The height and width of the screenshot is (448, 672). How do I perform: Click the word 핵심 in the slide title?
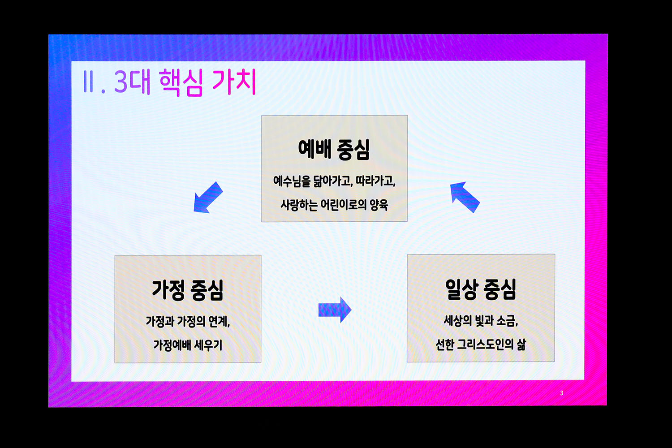pyautogui.click(x=181, y=82)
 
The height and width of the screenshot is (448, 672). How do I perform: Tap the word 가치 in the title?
pyautogui.click(x=234, y=82)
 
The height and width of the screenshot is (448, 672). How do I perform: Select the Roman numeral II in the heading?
pyautogui.click(x=89, y=82)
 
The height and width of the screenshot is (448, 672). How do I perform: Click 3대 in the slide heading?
pyautogui.click(x=132, y=82)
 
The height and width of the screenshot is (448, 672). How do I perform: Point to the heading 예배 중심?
pyautogui.click(x=334, y=149)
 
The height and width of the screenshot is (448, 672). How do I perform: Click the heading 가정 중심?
pyautogui.click(x=188, y=290)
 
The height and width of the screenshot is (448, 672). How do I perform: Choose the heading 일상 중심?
pyautogui.click(x=481, y=289)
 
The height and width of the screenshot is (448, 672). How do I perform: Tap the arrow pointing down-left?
pyautogui.click(x=208, y=198)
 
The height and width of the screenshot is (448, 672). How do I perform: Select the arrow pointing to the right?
pyautogui.click(x=335, y=310)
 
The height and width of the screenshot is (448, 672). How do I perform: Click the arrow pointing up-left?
pyautogui.click(x=465, y=197)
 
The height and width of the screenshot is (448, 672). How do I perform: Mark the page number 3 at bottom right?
pyautogui.click(x=562, y=393)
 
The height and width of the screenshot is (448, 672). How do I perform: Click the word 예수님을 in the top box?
pyautogui.click(x=292, y=181)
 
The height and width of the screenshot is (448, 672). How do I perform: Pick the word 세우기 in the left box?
pyautogui.click(x=208, y=345)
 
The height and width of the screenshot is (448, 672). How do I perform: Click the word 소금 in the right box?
pyautogui.click(x=507, y=321)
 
